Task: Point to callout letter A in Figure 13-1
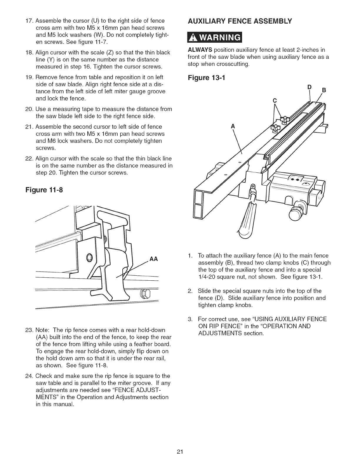pyautogui.click(x=233, y=126)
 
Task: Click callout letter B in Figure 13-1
pyautogui.click(x=325, y=91)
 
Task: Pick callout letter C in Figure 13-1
pyautogui.click(x=275, y=101)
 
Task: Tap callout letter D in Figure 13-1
pyautogui.click(x=309, y=87)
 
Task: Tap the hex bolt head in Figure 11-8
pyautogui.click(x=145, y=293)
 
